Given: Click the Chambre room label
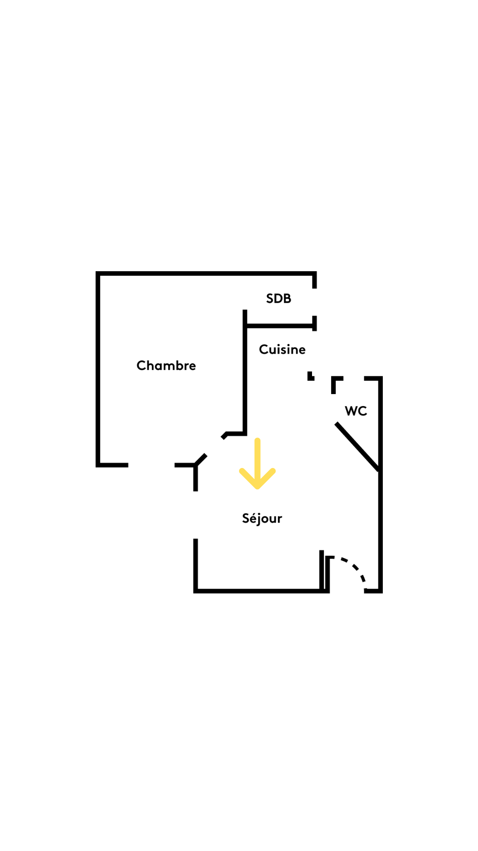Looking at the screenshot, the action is [166, 365].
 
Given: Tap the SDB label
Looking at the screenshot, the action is [278, 298].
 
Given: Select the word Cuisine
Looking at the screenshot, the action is [282, 349].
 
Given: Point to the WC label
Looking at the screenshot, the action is [356, 411].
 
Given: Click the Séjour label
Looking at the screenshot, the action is [262, 518].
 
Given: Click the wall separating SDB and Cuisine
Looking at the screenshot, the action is [280, 326].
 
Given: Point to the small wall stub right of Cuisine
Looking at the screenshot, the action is [311, 376].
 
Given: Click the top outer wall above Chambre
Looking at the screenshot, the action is [206, 273].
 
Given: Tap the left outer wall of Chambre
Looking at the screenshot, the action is [98, 369].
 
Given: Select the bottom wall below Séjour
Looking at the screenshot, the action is [261, 591].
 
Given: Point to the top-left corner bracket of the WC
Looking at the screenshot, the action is [336, 384].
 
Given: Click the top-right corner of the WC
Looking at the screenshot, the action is [381, 378].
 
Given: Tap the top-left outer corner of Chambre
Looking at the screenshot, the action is [98, 273].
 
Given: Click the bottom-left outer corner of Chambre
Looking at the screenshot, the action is [98, 465].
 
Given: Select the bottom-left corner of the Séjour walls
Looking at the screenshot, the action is [196, 591].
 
